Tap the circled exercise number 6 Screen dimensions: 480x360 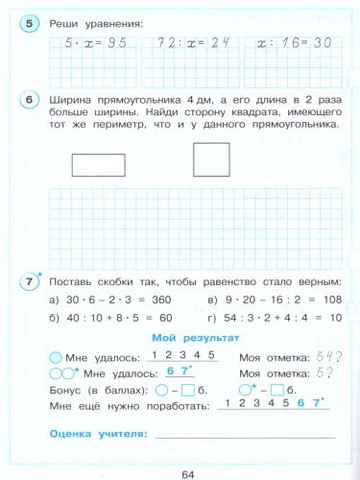[30, 101]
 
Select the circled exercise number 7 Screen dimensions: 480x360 [31, 282]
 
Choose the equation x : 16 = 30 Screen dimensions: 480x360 [288, 43]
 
